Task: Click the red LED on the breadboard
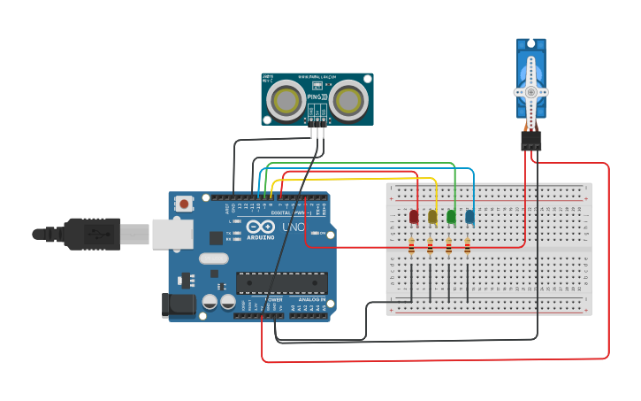[x=414, y=216]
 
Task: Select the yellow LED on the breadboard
[x=432, y=216]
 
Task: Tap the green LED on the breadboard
[x=451, y=216]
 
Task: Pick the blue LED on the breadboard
[x=469, y=216]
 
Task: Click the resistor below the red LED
[x=411, y=247]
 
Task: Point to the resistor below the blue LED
[x=468, y=247]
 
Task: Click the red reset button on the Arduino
[x=184, y=204]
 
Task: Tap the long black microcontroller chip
[x=281, y=283]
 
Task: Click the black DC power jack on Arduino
[x=179, y=305]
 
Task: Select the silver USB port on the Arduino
[x=172, y=234]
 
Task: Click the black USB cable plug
[x=92, y=234]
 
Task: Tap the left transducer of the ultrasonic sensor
[x=287, y=99]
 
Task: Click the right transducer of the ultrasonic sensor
[x=348, y=99]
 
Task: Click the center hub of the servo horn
[x=531, y=91]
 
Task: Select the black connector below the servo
[x=531, y=140]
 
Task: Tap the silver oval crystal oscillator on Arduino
[x=213, y=258]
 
